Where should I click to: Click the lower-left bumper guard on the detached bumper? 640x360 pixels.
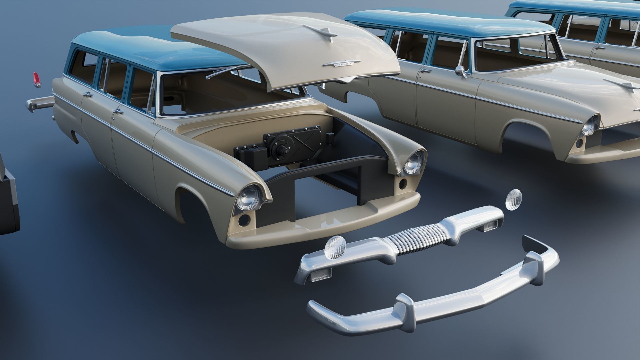(x=404, y=303)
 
